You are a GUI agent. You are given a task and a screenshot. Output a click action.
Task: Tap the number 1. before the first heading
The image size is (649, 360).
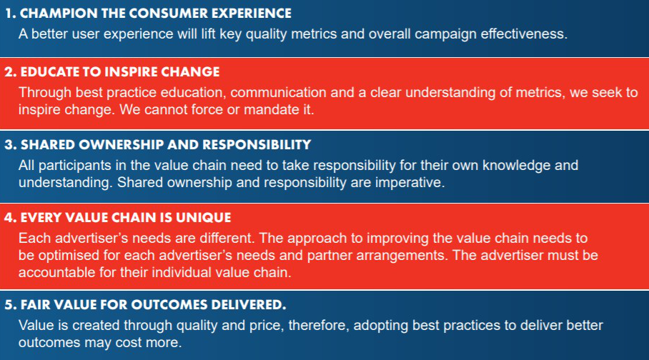[x=10, y=14]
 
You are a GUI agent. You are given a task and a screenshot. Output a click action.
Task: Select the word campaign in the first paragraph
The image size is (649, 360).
[x=445, y=34]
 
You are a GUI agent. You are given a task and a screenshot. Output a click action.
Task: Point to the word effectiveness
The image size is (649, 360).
[x=524, y=34]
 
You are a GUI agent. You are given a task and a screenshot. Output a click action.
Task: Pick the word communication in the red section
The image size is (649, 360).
[x=278, y=92]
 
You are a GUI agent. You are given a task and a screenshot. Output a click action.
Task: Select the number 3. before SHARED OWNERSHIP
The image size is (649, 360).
[x=11, y=145]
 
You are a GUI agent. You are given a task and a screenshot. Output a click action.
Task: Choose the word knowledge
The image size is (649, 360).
[x=516, y=166]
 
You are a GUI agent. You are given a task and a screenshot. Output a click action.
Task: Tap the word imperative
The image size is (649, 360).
[x=410, y=182]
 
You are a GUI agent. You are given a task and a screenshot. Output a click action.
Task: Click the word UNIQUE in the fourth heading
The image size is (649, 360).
[x=203, y=218]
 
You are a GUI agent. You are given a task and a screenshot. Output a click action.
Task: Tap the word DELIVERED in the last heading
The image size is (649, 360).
[x=248, y=305]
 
